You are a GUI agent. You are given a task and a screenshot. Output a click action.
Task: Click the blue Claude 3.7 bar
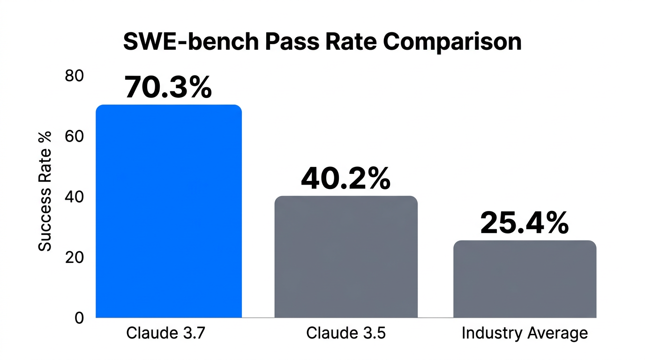pyautogui.click(x=169, y=211)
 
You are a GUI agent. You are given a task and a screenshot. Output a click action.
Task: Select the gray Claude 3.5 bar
pyautogui.click(x=345, y=256)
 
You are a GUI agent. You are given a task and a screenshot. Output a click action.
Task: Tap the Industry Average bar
pyautogui.click(x=525, y=279)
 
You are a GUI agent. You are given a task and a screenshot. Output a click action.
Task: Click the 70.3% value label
pyautogui.click(x=168, y=87)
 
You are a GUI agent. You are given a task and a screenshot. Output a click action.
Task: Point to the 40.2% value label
pyautogui.click(x=345, y=179)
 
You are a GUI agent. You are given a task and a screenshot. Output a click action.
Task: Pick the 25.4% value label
pyautogui.click(x=525, y=223)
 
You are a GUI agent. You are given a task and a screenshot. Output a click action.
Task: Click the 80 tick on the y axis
pyautogui.click(x=74, y=76)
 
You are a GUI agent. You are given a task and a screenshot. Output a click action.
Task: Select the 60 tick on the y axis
pyautogui.click(x=74, y=136)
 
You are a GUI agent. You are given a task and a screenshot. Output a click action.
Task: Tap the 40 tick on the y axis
pyautogui.click(x=74, y=197)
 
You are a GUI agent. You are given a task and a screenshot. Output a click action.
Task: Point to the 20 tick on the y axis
pyautogui.click(x=74, y=257)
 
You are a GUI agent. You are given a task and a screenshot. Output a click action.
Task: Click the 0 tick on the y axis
pyautogui.click(x=79, y=318)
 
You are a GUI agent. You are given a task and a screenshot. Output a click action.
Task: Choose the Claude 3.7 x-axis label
pyautogui.click(x=166, y=333)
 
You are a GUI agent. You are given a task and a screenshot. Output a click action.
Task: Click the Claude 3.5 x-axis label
pyautogui.click(x=345, y=333)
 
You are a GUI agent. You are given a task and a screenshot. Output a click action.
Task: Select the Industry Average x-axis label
pyautogui.click(x=525, y=333)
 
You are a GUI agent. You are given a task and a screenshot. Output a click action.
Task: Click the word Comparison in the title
pyautogui.click(x=452, y=42)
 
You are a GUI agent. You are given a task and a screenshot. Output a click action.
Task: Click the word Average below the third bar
pyautogui.click(x=557, y=333)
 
